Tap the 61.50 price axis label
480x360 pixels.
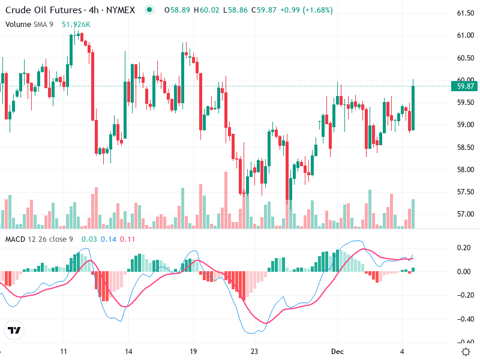(466, 14)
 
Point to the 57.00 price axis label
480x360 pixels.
(466, 214)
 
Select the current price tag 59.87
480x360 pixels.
(466, 86)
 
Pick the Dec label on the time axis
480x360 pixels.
(337, 350)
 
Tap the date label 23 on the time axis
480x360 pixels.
(254, 350)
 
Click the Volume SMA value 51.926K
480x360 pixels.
(76, 24)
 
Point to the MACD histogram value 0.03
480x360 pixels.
(89, 239)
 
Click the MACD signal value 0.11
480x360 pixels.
(128, 239)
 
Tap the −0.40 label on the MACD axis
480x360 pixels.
(464, 319)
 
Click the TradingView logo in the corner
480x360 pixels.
(14, 330)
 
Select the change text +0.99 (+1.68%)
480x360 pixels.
(307, 10)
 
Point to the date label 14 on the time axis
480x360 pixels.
(128, 350)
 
